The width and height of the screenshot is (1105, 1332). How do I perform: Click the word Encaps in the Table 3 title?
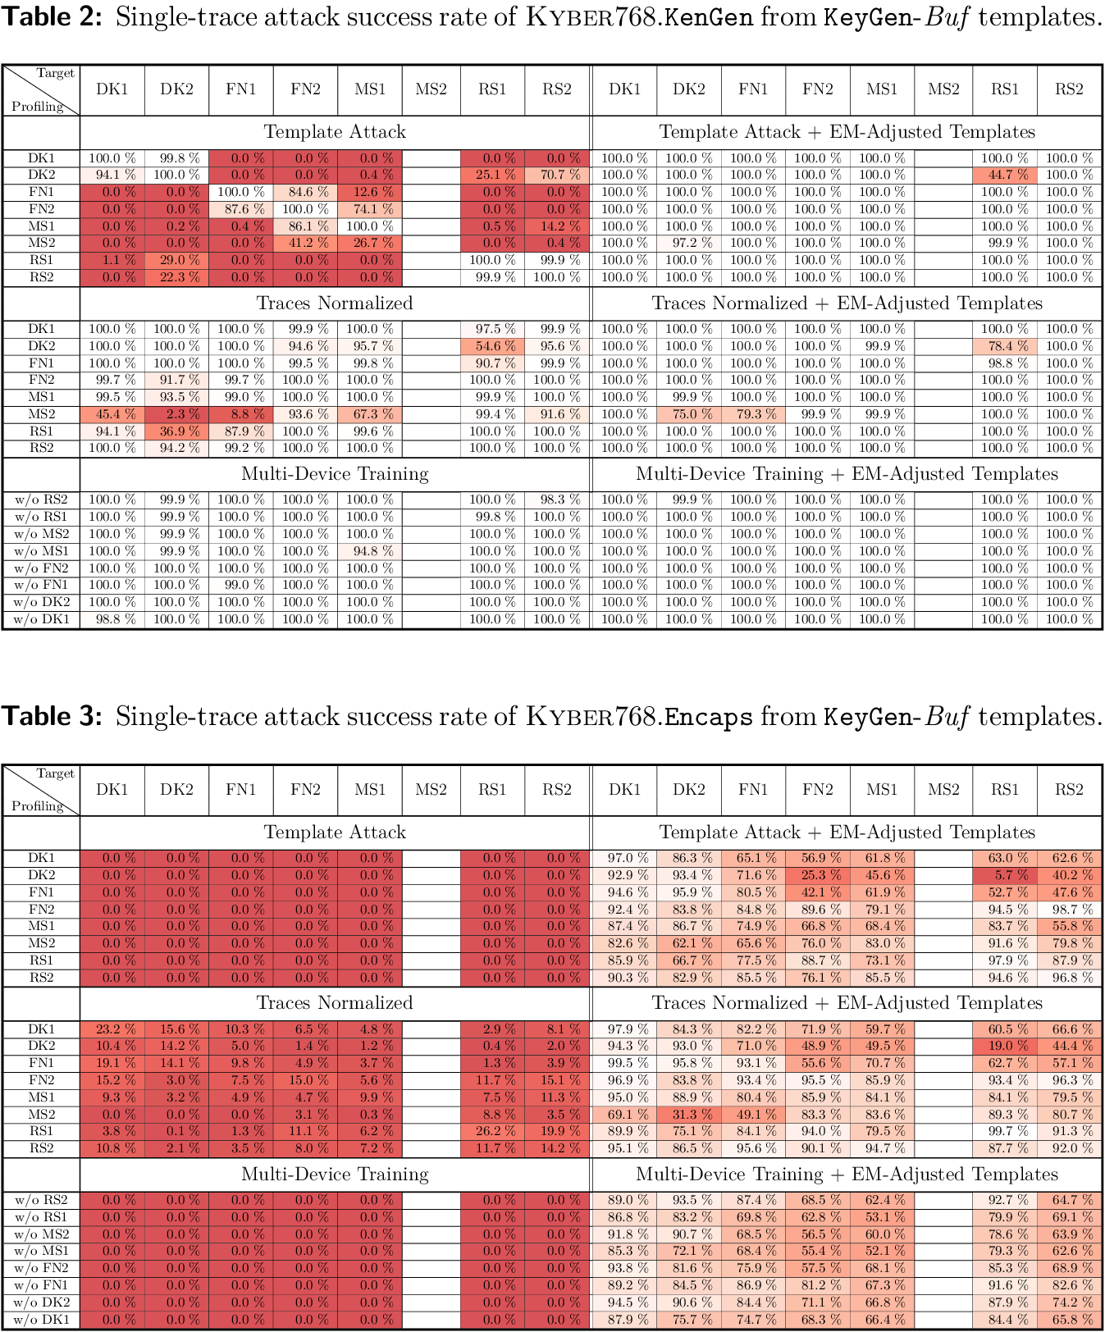tap(708, 717)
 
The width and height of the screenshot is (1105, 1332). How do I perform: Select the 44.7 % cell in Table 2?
tap(1004, 175)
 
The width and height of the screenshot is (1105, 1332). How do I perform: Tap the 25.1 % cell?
tap(492, 175)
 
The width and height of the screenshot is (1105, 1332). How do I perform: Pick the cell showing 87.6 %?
tap(240, 209)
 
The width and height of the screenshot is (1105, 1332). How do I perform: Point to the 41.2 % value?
tap(305, 243)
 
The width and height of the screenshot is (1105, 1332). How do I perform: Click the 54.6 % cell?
tap(492, 346)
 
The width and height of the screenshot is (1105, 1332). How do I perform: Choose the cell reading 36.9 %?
tap(176, 431)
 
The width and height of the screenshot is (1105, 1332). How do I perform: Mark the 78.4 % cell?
tap(1004, 346)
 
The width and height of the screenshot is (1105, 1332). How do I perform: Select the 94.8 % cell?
tap(369, 551)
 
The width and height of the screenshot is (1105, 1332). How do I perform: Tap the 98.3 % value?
tap(556, 500)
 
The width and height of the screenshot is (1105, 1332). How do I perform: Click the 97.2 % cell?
tap(688, 243)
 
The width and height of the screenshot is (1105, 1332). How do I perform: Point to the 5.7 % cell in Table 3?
tap(1004, 875)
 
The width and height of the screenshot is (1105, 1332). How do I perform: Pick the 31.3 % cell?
tap(688, 1115)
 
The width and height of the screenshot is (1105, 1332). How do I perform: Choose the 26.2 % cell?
tap(492, 1131)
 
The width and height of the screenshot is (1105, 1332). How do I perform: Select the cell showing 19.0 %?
tap(1004, 1046)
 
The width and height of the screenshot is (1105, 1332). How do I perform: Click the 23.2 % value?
tap(112, 1029)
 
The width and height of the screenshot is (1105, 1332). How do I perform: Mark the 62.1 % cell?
tap(688, 943)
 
